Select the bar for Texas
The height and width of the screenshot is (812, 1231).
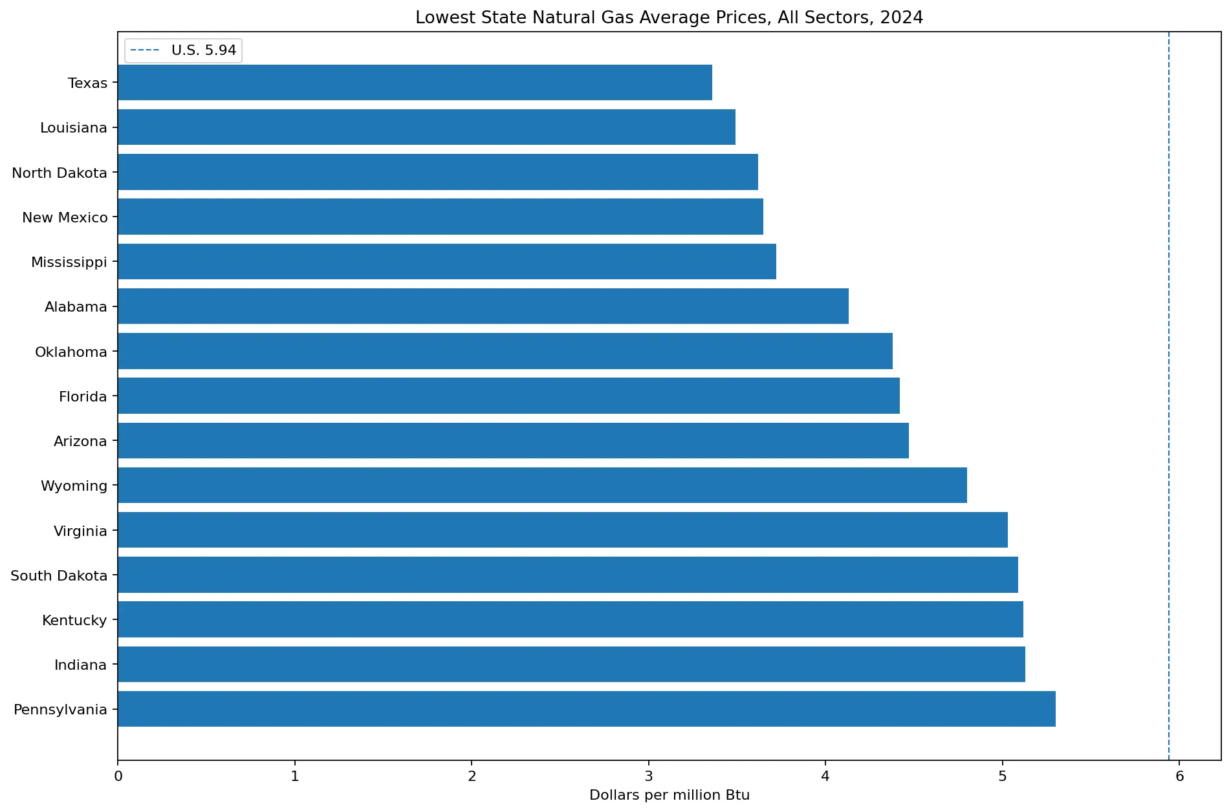[x=415, y=83]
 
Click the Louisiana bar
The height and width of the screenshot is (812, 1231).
[x=426, y=127]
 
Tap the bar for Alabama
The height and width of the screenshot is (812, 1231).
[x=483, y=306]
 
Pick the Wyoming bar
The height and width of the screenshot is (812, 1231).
[x=542, y=486]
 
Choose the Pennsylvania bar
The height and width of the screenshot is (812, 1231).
[x=587, y=709]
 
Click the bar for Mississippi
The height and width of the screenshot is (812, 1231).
[x=447, y=262]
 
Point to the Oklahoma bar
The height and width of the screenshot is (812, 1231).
[x=505, y=351]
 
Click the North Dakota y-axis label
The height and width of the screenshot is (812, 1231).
[x=60, y=173]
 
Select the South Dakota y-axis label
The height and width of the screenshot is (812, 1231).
[x=59, y=575]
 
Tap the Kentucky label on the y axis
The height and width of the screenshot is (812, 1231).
[x=74, y=621]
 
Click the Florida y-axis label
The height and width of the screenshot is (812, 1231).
[x=83, y=396]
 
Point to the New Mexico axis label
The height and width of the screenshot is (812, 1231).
[x=65, y=217]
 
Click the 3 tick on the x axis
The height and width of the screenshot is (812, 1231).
[x=649, y=776]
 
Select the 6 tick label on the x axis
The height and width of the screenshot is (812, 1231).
[x=1180, y=776]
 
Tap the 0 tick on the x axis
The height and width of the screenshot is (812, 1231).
[x=118, y=776]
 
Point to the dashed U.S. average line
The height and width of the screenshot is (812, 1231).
[x=1169, y=396]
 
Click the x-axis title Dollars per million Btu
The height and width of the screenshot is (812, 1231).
[x=670, y=795]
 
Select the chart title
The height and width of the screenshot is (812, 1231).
[x=670, y=17]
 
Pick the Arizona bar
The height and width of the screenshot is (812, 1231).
[x=513, y=441]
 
